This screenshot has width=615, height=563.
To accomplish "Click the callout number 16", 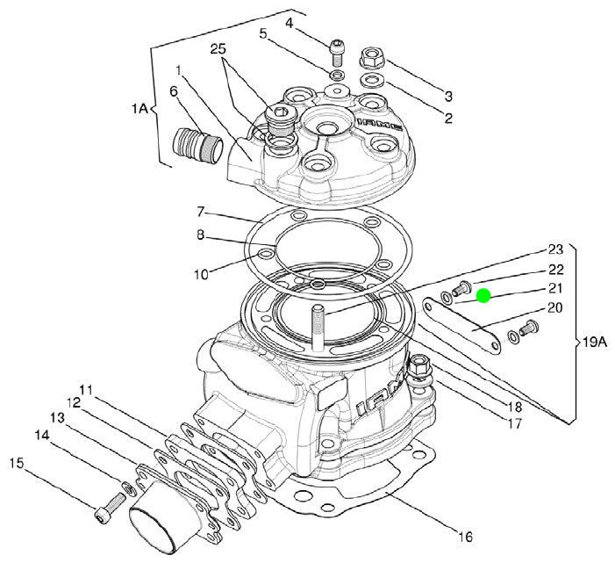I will (465, 537).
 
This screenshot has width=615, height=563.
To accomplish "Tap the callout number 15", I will (18, 462).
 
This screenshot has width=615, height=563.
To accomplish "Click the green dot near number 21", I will (483, 296).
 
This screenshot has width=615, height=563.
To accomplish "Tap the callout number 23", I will (555, 249).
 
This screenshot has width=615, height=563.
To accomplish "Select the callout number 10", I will (201, 275).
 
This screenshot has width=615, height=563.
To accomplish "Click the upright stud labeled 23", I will (316, 322).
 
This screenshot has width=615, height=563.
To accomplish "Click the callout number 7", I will (200, 213).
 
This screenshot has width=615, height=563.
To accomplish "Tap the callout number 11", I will (85, 389).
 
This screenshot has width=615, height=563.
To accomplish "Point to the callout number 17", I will (515, 423).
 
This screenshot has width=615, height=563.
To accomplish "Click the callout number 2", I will (447, 118).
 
